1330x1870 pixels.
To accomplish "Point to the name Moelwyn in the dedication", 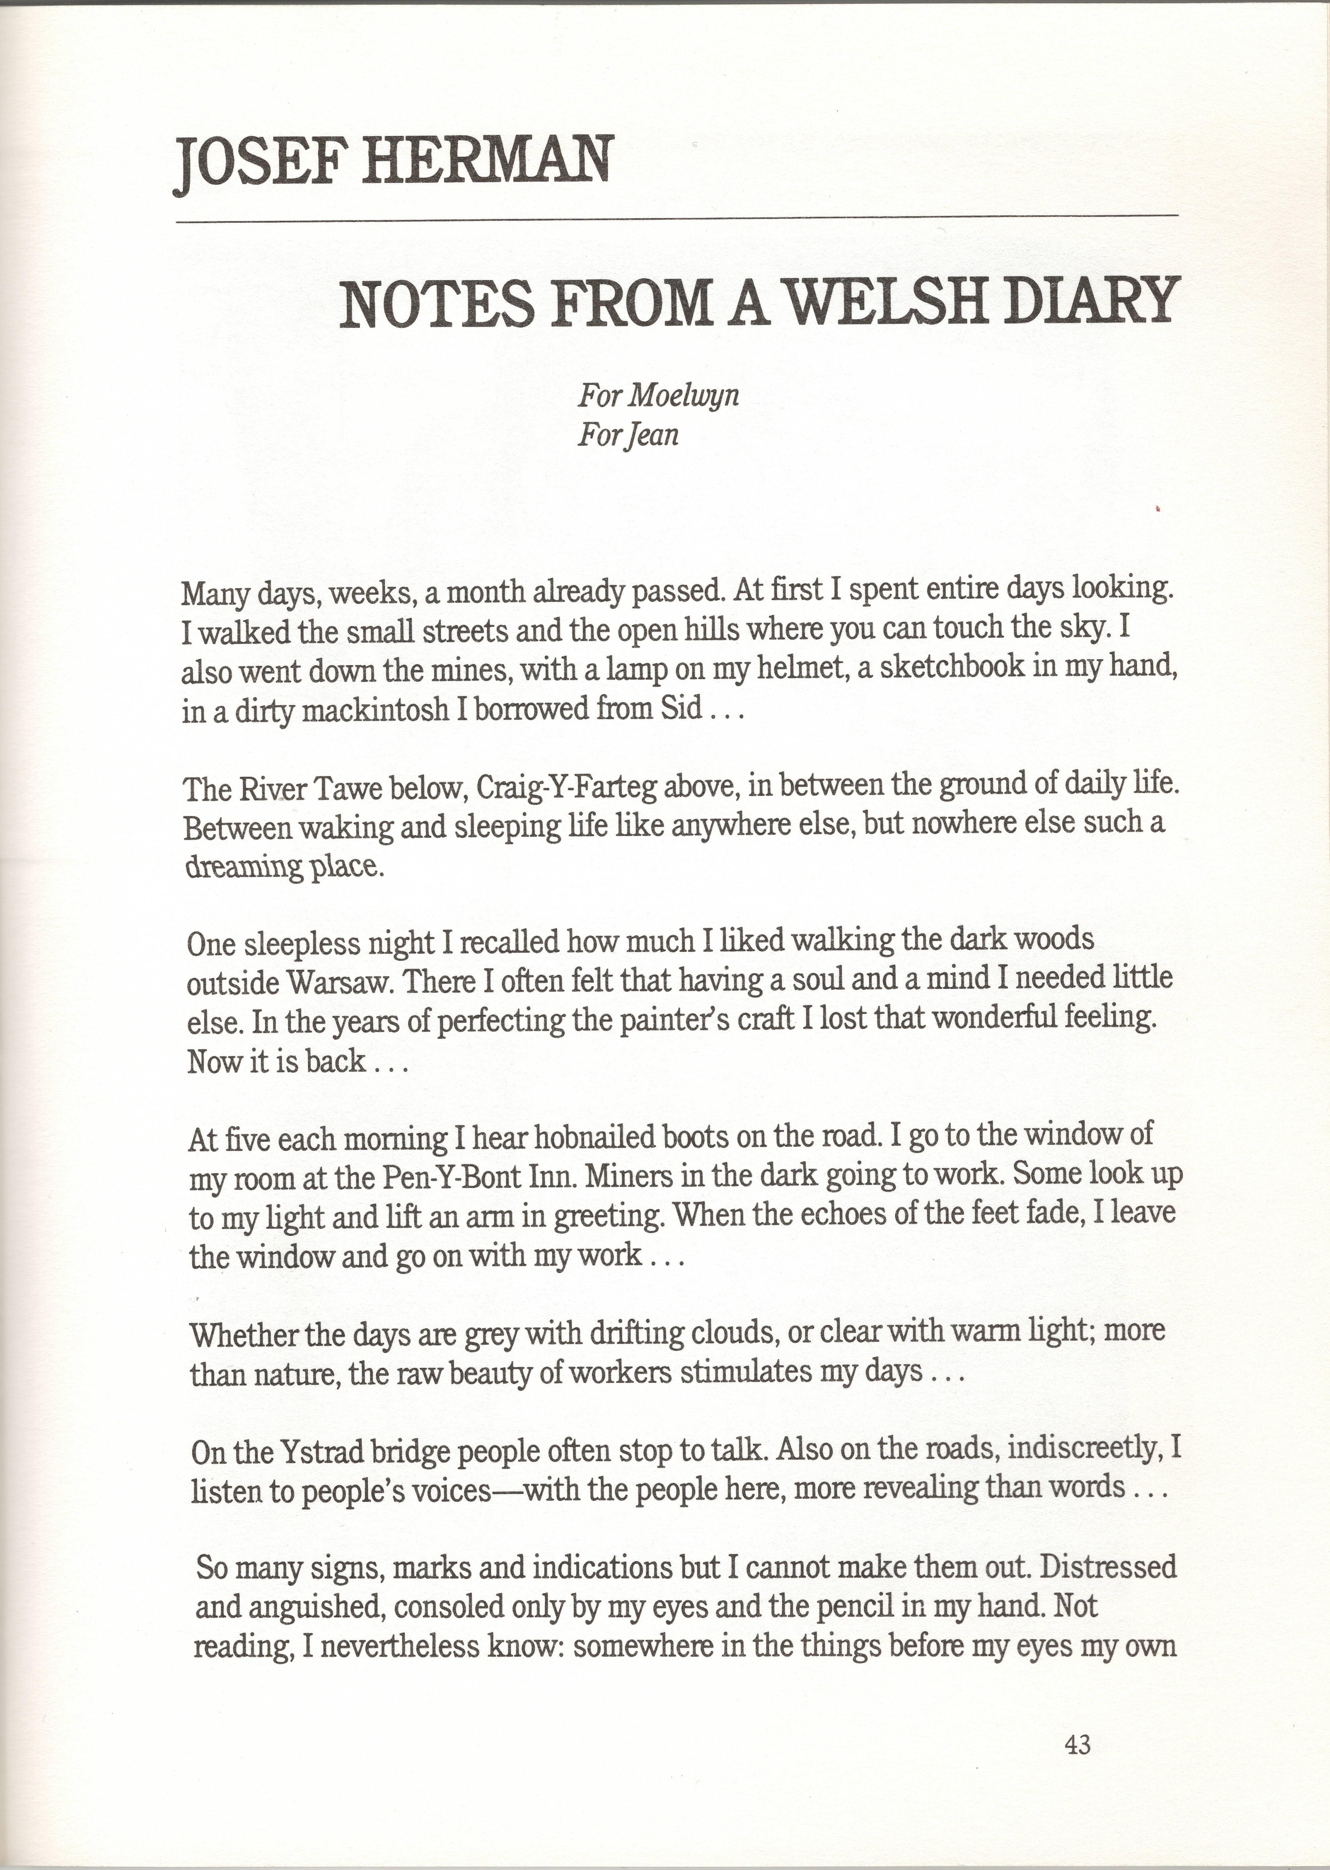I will [x=685, y=396].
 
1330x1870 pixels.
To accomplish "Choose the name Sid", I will [x=681, y=708].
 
